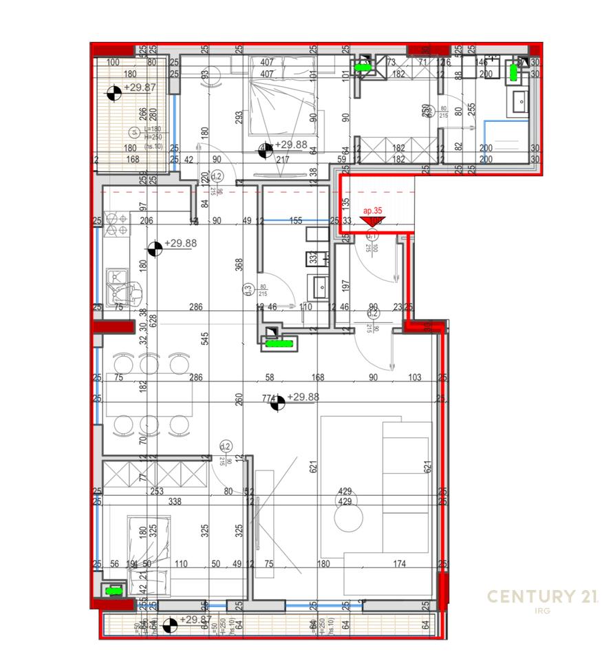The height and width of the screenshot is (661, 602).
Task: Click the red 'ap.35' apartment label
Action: click(x=372, y=212)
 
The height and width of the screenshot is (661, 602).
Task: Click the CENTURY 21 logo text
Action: click(x=542, y=596)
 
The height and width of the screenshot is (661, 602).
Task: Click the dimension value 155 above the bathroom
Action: click(x=296, y=221)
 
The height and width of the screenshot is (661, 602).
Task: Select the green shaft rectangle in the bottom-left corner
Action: click(x=112, y=590)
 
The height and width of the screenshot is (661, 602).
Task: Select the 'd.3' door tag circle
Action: click(x=248, y=291)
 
